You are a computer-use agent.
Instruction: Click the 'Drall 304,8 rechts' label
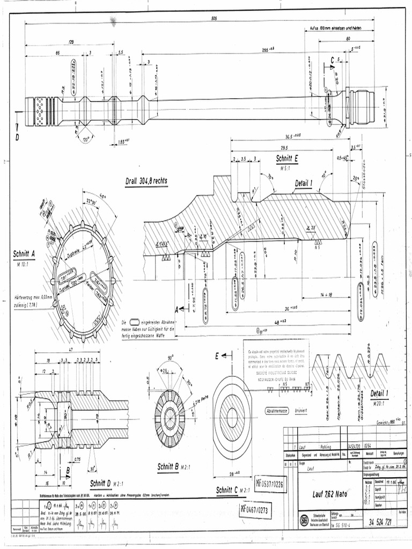pyautogui.click(x=146, y=181)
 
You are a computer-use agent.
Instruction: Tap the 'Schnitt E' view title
pyautogui.click(x=287, y=159)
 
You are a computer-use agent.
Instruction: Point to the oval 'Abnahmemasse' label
pyautogui.click(x=277, y=411)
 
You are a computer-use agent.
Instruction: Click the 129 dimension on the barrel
pyautogui.click(x=71, y=41)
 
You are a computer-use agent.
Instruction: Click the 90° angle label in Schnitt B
pyautogui.click(x=170, y=358)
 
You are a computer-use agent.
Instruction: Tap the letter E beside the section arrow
pyautogui.click(x=217, y=355)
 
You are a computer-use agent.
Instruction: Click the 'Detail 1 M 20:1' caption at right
pyautogui.click(x=381, y=394)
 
